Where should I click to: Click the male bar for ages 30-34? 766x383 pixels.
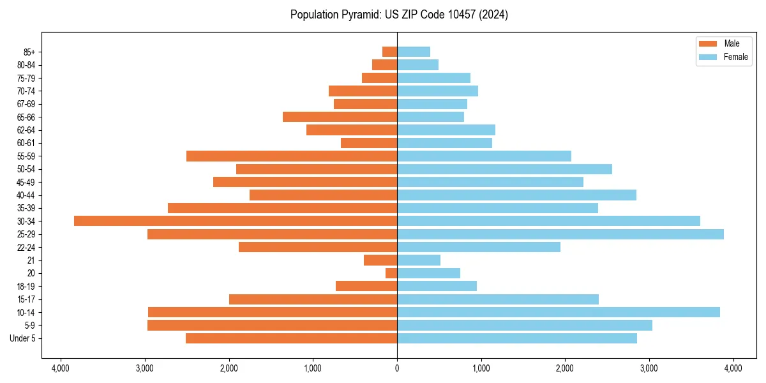[x=236, y=221]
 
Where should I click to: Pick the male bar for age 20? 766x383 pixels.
[x=391, y=273]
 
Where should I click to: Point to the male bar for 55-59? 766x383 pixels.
[x=292, y=156]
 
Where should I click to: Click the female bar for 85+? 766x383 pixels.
[x=414, y=52]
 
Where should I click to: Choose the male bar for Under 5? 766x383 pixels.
[x=291, y=338]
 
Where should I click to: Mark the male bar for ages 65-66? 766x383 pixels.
[x=340, y=117]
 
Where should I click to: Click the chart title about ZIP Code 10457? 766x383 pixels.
[x=399, y=15]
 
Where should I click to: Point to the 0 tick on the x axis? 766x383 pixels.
[x=397, y=368]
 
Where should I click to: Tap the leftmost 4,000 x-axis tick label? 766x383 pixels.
[x=61, y=368]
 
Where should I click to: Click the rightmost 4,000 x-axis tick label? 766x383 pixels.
[x=733, y=368]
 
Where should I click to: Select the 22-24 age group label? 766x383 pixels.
[x=26, y=248]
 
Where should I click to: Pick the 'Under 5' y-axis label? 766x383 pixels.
[x=23, y=338]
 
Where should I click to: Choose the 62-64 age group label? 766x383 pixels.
[x=26, y=130]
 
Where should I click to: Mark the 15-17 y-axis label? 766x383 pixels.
[x=26, y=299]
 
